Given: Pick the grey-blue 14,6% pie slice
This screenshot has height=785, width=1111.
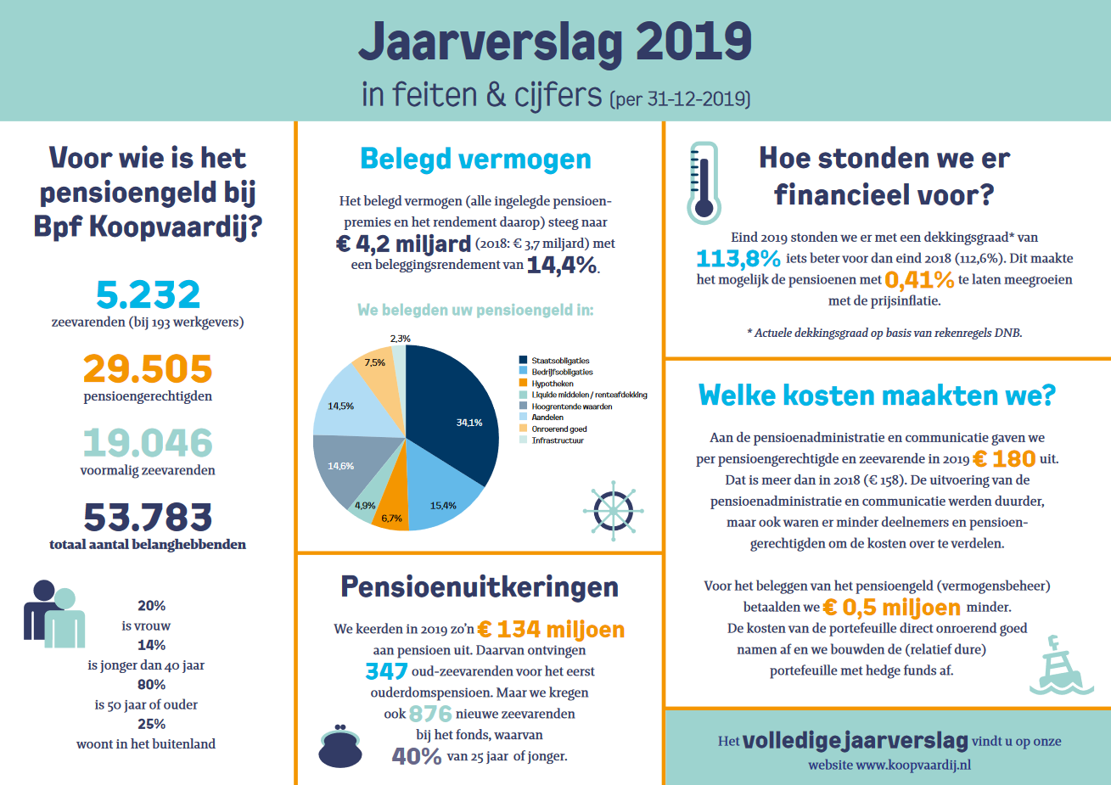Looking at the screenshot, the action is [347, 466].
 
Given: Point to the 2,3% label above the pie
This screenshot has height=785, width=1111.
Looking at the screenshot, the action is [401, 339].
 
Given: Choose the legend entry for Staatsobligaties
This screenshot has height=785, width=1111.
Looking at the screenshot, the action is [554, 361].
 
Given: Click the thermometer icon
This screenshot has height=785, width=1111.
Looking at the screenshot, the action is [704, 183].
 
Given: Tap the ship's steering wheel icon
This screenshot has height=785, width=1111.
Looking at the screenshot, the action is [613, 511].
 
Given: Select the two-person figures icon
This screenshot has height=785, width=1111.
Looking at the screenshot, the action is [54, 614].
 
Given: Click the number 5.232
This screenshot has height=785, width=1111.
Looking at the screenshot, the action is [148, 294].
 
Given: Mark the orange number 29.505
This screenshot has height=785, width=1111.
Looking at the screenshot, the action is [148, 369].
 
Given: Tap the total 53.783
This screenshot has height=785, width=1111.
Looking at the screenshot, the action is [148, 517].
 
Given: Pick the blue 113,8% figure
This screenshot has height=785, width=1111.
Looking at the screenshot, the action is [738, 258].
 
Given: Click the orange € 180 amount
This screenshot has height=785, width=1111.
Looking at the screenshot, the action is [1004, 459].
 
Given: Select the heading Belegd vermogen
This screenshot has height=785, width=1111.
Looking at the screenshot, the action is [475, 160].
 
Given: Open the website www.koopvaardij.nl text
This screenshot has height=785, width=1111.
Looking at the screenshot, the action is [889, 765].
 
